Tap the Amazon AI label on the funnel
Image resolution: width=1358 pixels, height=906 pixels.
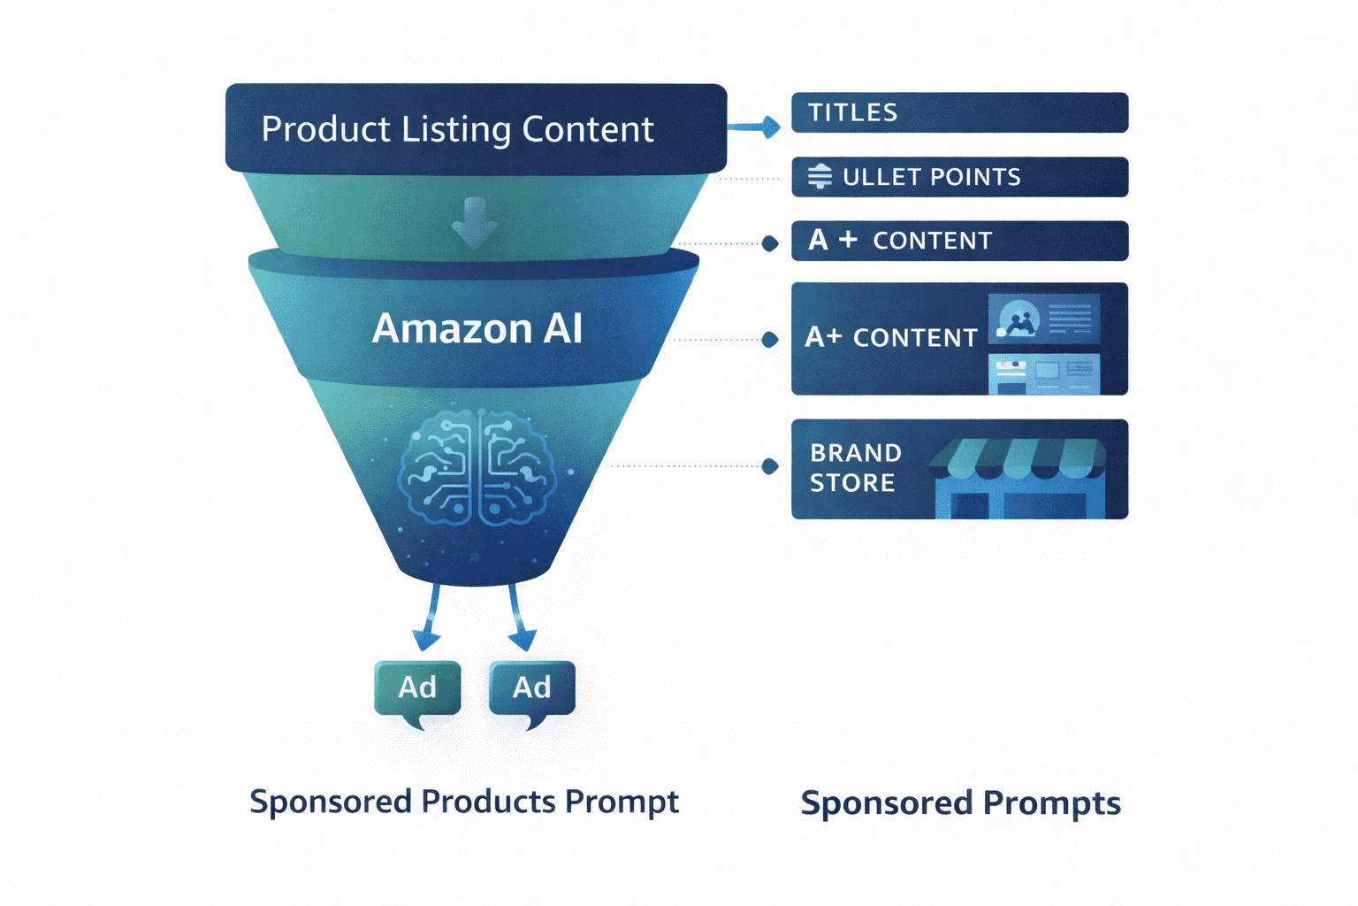click(x=477, y=329)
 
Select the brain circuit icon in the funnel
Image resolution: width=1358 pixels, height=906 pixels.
click(x=477, y=467)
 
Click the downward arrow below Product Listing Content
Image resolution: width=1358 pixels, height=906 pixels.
click(x=475, y=221)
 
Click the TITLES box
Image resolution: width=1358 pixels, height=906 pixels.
click(x=959, y=112)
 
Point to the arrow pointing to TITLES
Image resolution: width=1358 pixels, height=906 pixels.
click(x=756, y=127)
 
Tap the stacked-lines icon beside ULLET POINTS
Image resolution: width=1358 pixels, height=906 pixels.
click(x=820, y=176)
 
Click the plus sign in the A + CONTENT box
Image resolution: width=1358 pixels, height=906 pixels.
click(x=848, y=239)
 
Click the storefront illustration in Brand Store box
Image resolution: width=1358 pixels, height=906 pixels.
click(x=1019, y=479)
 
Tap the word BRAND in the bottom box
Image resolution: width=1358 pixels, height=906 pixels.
click(x=856, y=453)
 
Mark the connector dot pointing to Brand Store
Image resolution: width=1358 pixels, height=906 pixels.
click(x=770, y=466)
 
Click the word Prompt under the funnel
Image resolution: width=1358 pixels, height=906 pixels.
click(x=622, y=802)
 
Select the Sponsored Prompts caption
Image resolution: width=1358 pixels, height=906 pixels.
click(x=960, y=803)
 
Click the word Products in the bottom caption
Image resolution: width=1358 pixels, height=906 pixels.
click(x=488, y=802)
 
